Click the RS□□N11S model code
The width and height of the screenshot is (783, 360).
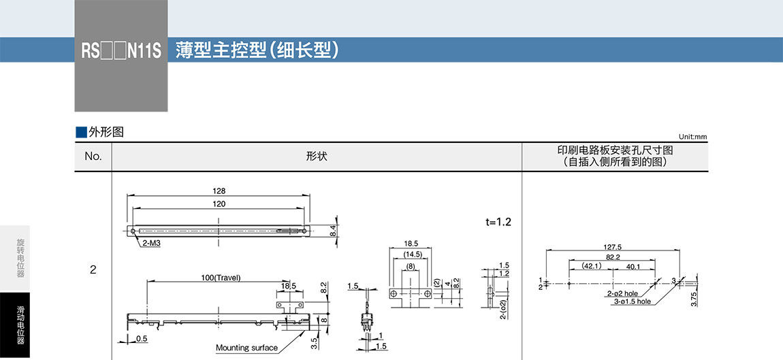click(x=121, y=52)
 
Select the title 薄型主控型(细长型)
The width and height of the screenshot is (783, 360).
click(x=257, y=51)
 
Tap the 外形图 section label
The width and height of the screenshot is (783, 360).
click(x=100, y=132)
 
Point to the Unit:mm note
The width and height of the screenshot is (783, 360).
click(x=692, y=137)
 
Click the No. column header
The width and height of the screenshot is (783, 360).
click(x=93, y=157)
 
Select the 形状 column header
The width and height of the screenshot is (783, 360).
click(x=317, y=157)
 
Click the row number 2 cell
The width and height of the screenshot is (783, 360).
click(x=93, y=269)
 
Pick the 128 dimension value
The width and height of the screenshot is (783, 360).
click(x=219, y=191)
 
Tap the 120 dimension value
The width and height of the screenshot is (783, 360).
click(x=219, y=204)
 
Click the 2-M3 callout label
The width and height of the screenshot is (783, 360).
click(x=151, y=243)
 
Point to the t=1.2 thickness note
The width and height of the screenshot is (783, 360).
click(x=498, y=223)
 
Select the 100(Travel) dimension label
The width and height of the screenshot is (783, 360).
click(x=221, y=277)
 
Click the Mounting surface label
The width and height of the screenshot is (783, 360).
click(x=246, y=348)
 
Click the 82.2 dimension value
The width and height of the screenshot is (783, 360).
click(x=613, y=257)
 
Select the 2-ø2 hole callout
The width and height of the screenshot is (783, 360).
click(x=622, y=293)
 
